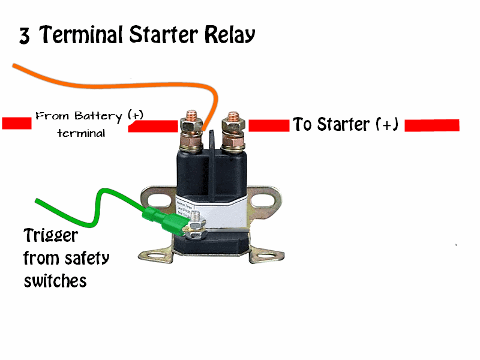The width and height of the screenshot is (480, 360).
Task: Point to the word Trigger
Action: [50, 236]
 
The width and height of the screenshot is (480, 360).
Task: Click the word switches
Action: [55, 281]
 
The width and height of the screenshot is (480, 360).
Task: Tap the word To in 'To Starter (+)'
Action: [302, 125]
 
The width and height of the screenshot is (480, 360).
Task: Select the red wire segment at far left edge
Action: [16, 124]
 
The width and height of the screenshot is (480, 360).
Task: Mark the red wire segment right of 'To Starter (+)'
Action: [432, 125]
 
